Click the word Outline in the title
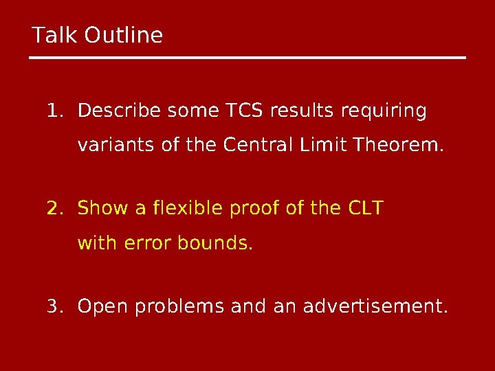[124, 34]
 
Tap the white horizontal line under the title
[247, 58]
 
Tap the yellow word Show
[101, 207]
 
